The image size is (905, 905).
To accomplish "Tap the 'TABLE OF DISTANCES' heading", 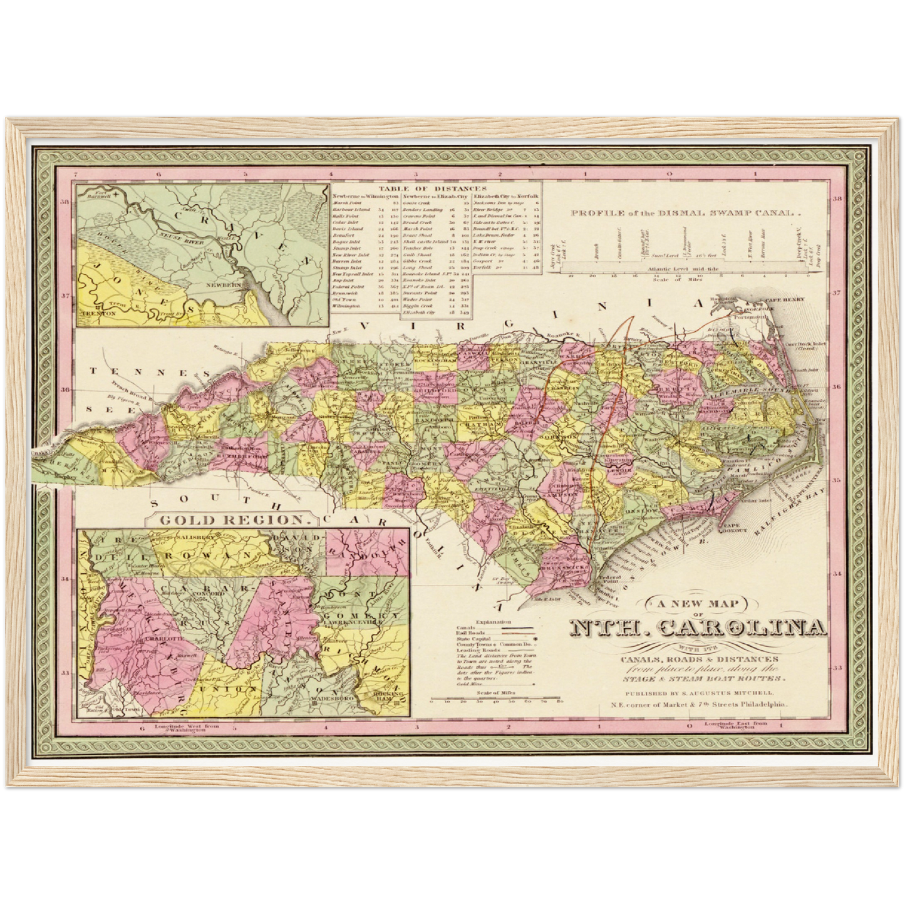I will pos(435,188).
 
